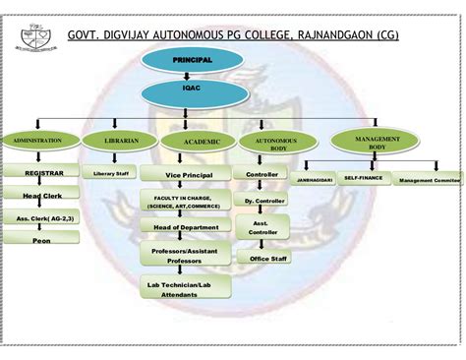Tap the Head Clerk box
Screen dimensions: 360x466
(41, 196)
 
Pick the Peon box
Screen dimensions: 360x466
(41, 239)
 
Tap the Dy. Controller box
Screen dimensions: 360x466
(262, 200)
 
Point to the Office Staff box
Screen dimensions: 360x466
(268, 258)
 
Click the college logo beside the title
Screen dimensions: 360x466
(29, 38)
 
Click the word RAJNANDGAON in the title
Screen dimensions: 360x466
(329, 38)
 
